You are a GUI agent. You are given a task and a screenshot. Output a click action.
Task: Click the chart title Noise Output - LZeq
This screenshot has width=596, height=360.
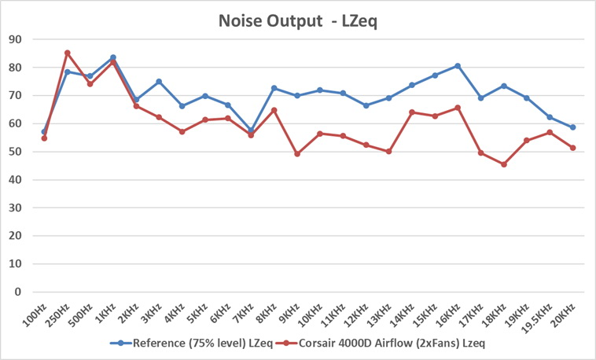point(298,20)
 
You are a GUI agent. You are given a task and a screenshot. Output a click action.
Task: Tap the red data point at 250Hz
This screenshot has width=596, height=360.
point(67,53)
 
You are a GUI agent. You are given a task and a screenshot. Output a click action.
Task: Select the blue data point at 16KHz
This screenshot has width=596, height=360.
point(458,66)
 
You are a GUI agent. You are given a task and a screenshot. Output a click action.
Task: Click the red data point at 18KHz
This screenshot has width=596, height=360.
point(503,164)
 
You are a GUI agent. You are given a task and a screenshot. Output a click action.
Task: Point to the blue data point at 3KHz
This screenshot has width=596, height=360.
point(159,82)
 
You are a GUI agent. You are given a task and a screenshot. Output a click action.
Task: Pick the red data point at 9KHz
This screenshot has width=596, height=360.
point(297,154)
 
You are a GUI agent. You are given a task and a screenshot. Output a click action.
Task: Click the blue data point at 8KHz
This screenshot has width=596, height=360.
point(274,88)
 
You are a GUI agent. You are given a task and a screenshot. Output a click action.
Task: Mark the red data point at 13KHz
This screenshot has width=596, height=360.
point(388,151)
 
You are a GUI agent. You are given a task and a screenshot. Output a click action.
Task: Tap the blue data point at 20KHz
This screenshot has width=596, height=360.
point(573,127)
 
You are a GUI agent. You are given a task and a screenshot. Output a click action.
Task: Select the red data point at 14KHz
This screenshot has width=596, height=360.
point(412,112)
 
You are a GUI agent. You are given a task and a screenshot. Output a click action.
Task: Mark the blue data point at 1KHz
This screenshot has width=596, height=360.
point(113,57)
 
